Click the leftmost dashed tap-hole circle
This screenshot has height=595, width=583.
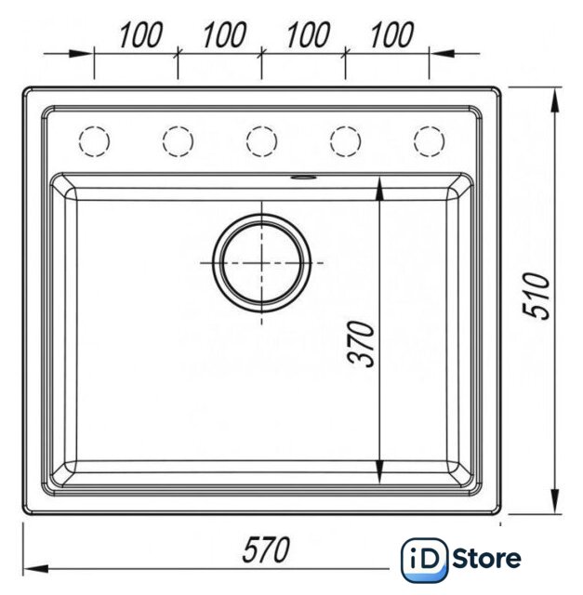pyautogui.click(x=94, y=126)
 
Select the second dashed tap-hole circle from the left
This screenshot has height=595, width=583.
pyautogui.click(x=178, y=126)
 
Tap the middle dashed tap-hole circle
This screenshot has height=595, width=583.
pyautogui.click(x=261, y=126)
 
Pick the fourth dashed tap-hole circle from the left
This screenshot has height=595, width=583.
pyautogui.click(x=345, y=126)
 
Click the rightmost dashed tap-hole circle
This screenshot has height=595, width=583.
pyautogui.click(x=430, y=126)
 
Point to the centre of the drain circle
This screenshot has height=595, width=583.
pyautogui.click(x=261, y=262)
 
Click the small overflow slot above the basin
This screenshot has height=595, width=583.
pyautogui.click(x=302, y=177)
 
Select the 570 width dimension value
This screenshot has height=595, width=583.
pyautogui.click(x=266, y=549)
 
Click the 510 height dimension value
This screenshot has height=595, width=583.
pyautogui.click(x=536, y=296)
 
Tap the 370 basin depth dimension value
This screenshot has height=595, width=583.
pyautogui.click(x=361, y=344)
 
